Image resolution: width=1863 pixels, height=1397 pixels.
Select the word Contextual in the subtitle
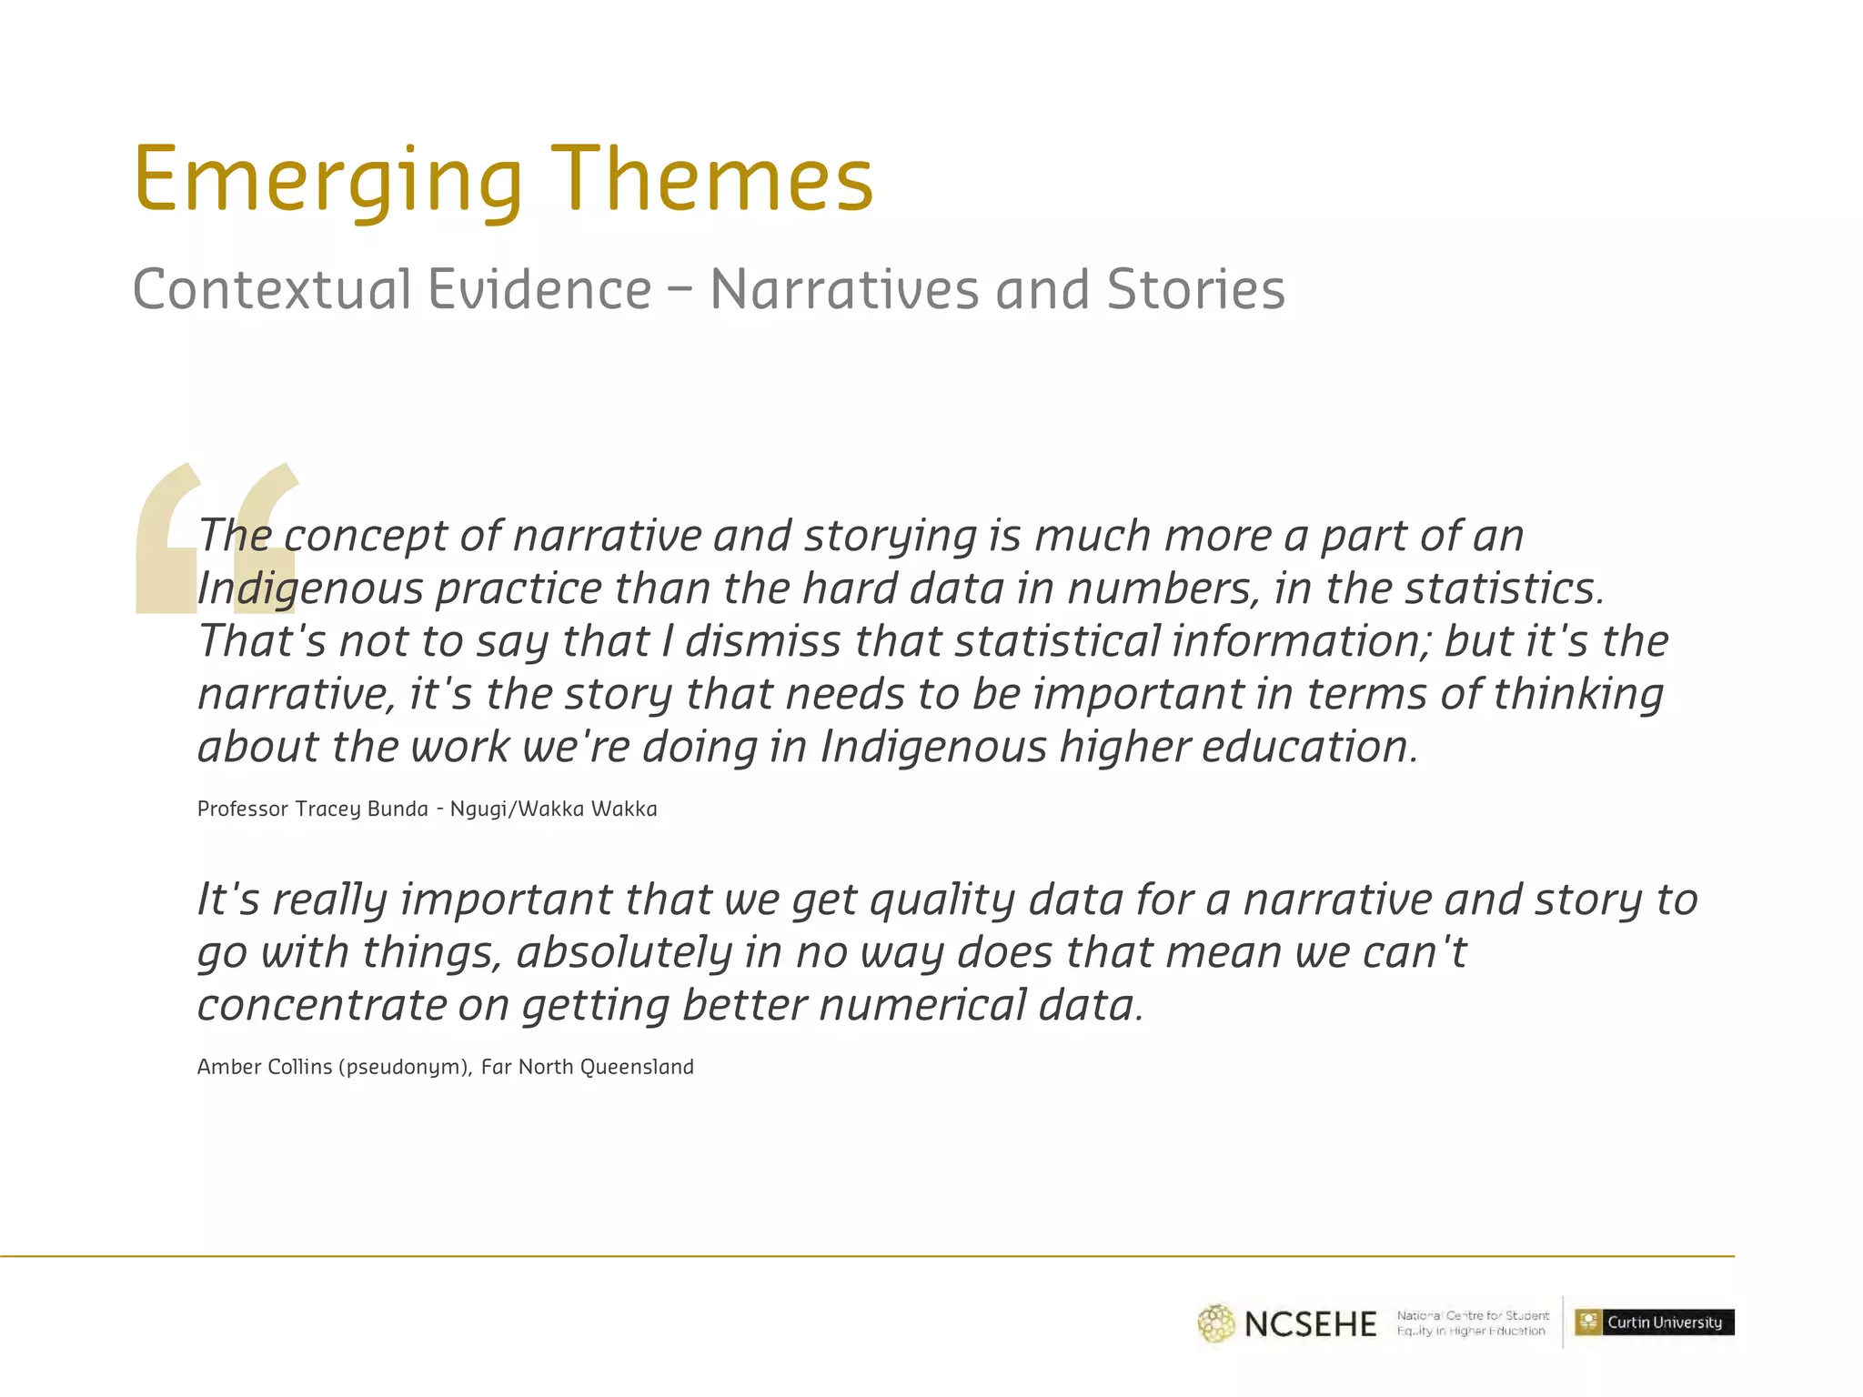[x=272, y=290]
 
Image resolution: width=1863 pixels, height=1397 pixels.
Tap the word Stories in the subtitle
[x=1195, y=290]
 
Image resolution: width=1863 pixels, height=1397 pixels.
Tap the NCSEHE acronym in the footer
[x=1310, y=1324]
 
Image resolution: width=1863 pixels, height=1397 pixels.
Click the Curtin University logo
[x=1654, y=1322]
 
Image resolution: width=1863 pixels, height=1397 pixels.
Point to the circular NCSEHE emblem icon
[x=1216, y=1324]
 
